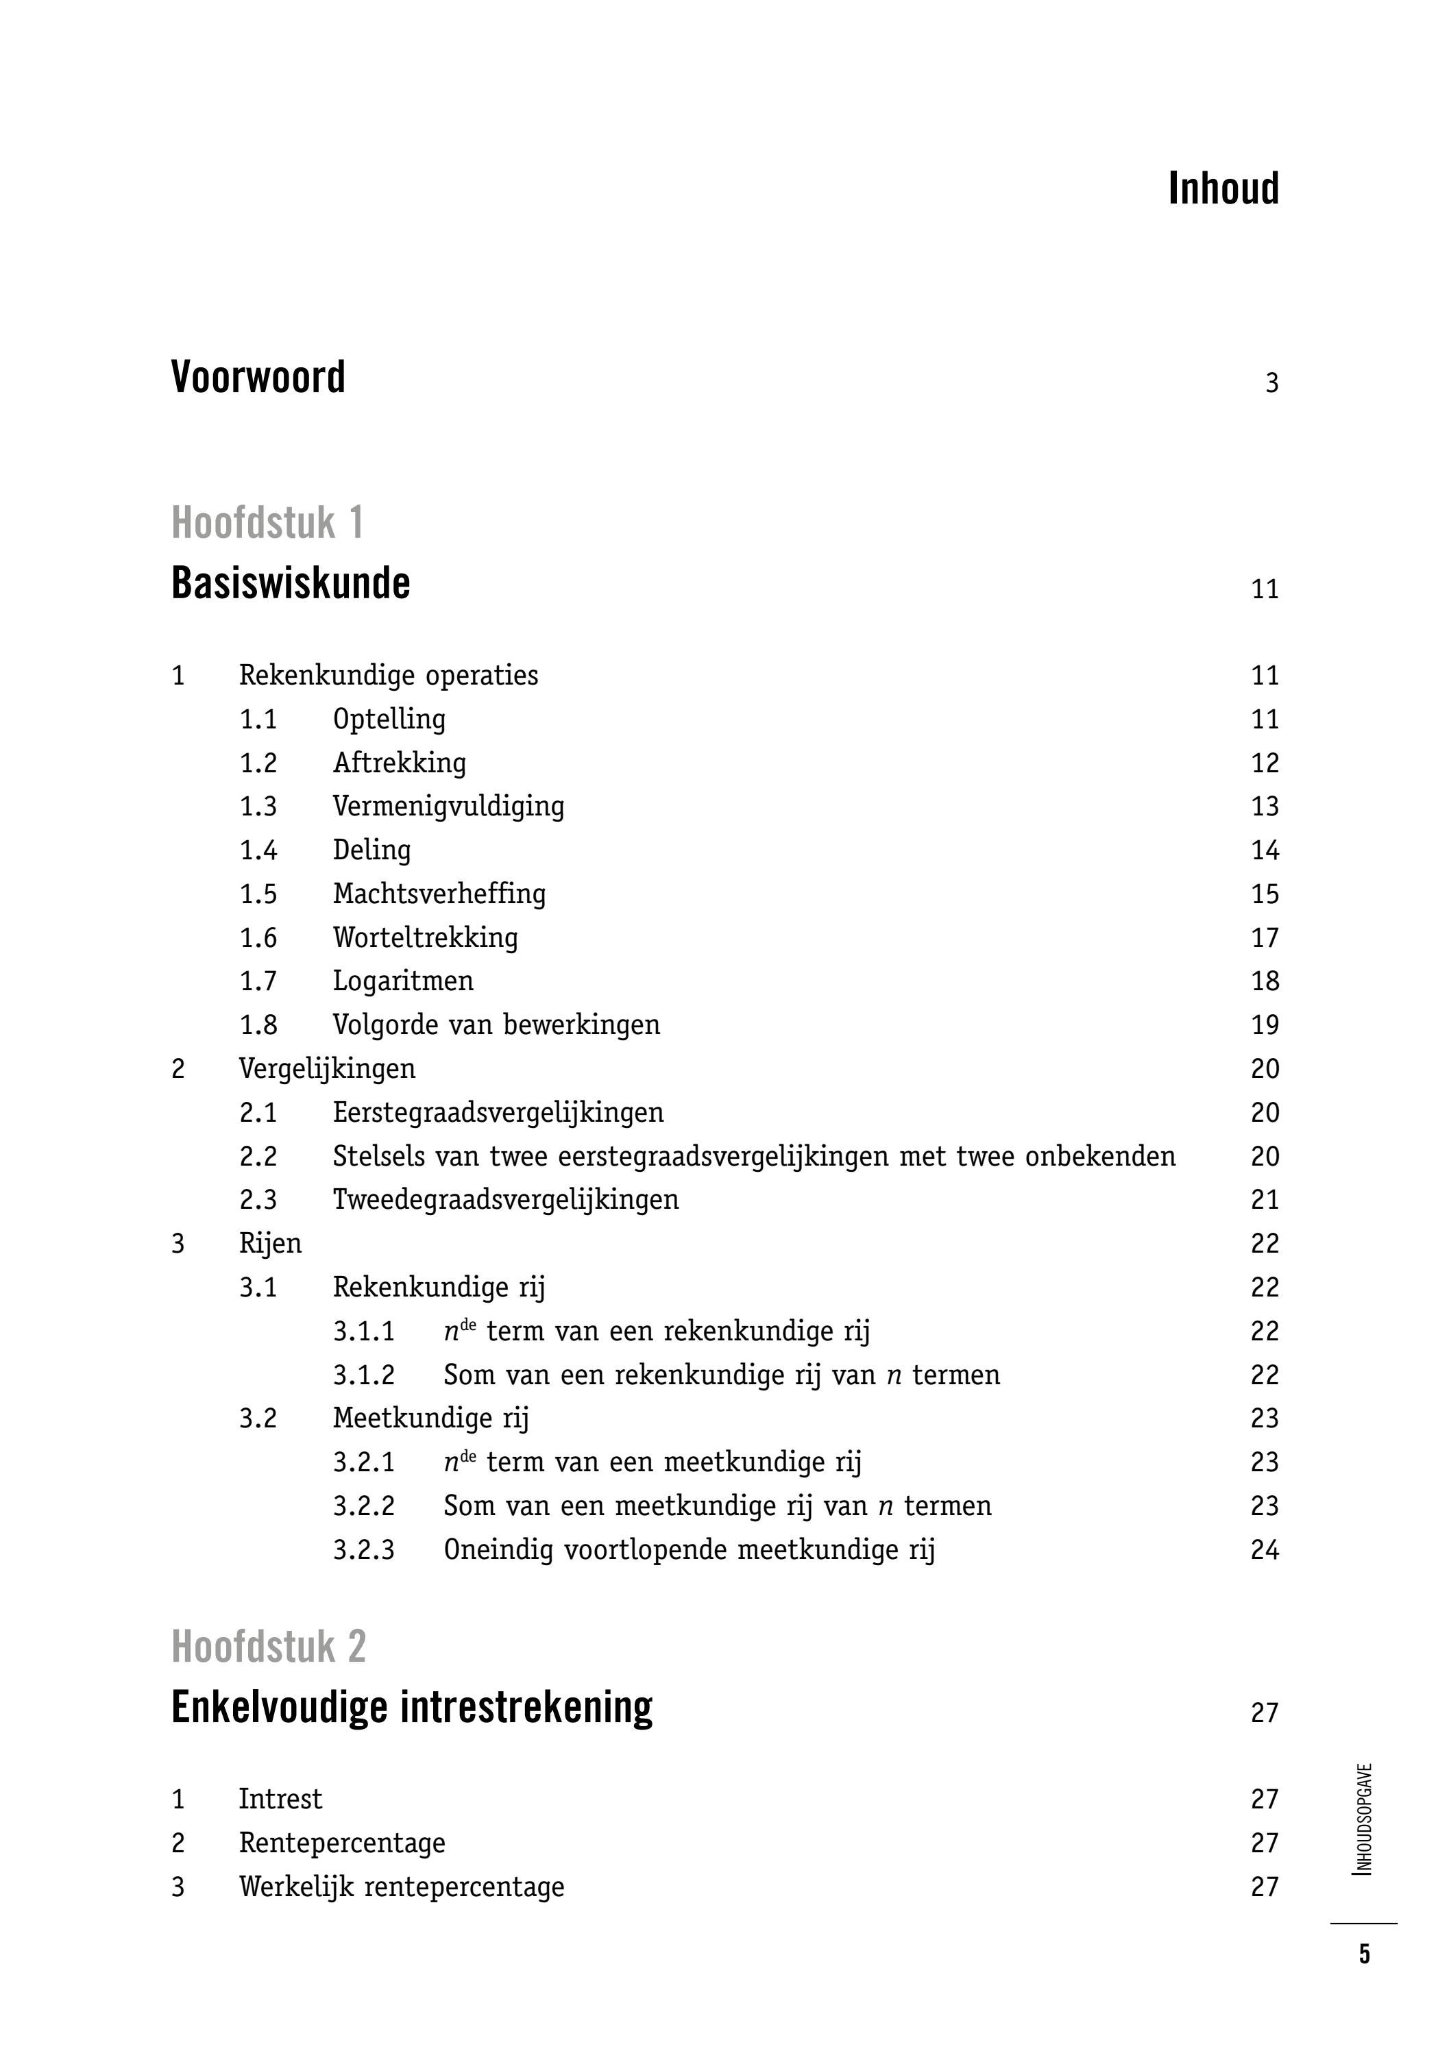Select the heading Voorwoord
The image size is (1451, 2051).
coord(258,377)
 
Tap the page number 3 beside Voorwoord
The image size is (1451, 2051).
coord(1271,383)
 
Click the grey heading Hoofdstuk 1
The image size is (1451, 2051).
coord(267,523)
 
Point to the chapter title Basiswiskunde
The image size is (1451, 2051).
coord(291,583)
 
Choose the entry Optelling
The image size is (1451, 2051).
coord(389,719)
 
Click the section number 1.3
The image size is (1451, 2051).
coord(258,807)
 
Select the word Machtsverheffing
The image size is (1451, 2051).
coord(439,894)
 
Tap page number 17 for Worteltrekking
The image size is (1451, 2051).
coord(1265,938)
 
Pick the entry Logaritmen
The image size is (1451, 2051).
coord(403,981)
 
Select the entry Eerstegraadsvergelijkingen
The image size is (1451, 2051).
coord(498,1112)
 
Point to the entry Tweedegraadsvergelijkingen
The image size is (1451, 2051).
coord(506,1200)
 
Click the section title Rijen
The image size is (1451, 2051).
coord(270,1244)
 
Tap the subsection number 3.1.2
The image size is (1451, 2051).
coord(364,1375)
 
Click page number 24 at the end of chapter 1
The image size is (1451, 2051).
coord(1265,1550)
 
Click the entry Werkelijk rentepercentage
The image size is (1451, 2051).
coord(401,1887)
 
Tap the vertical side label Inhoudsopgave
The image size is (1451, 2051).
coord(1363,1819)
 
